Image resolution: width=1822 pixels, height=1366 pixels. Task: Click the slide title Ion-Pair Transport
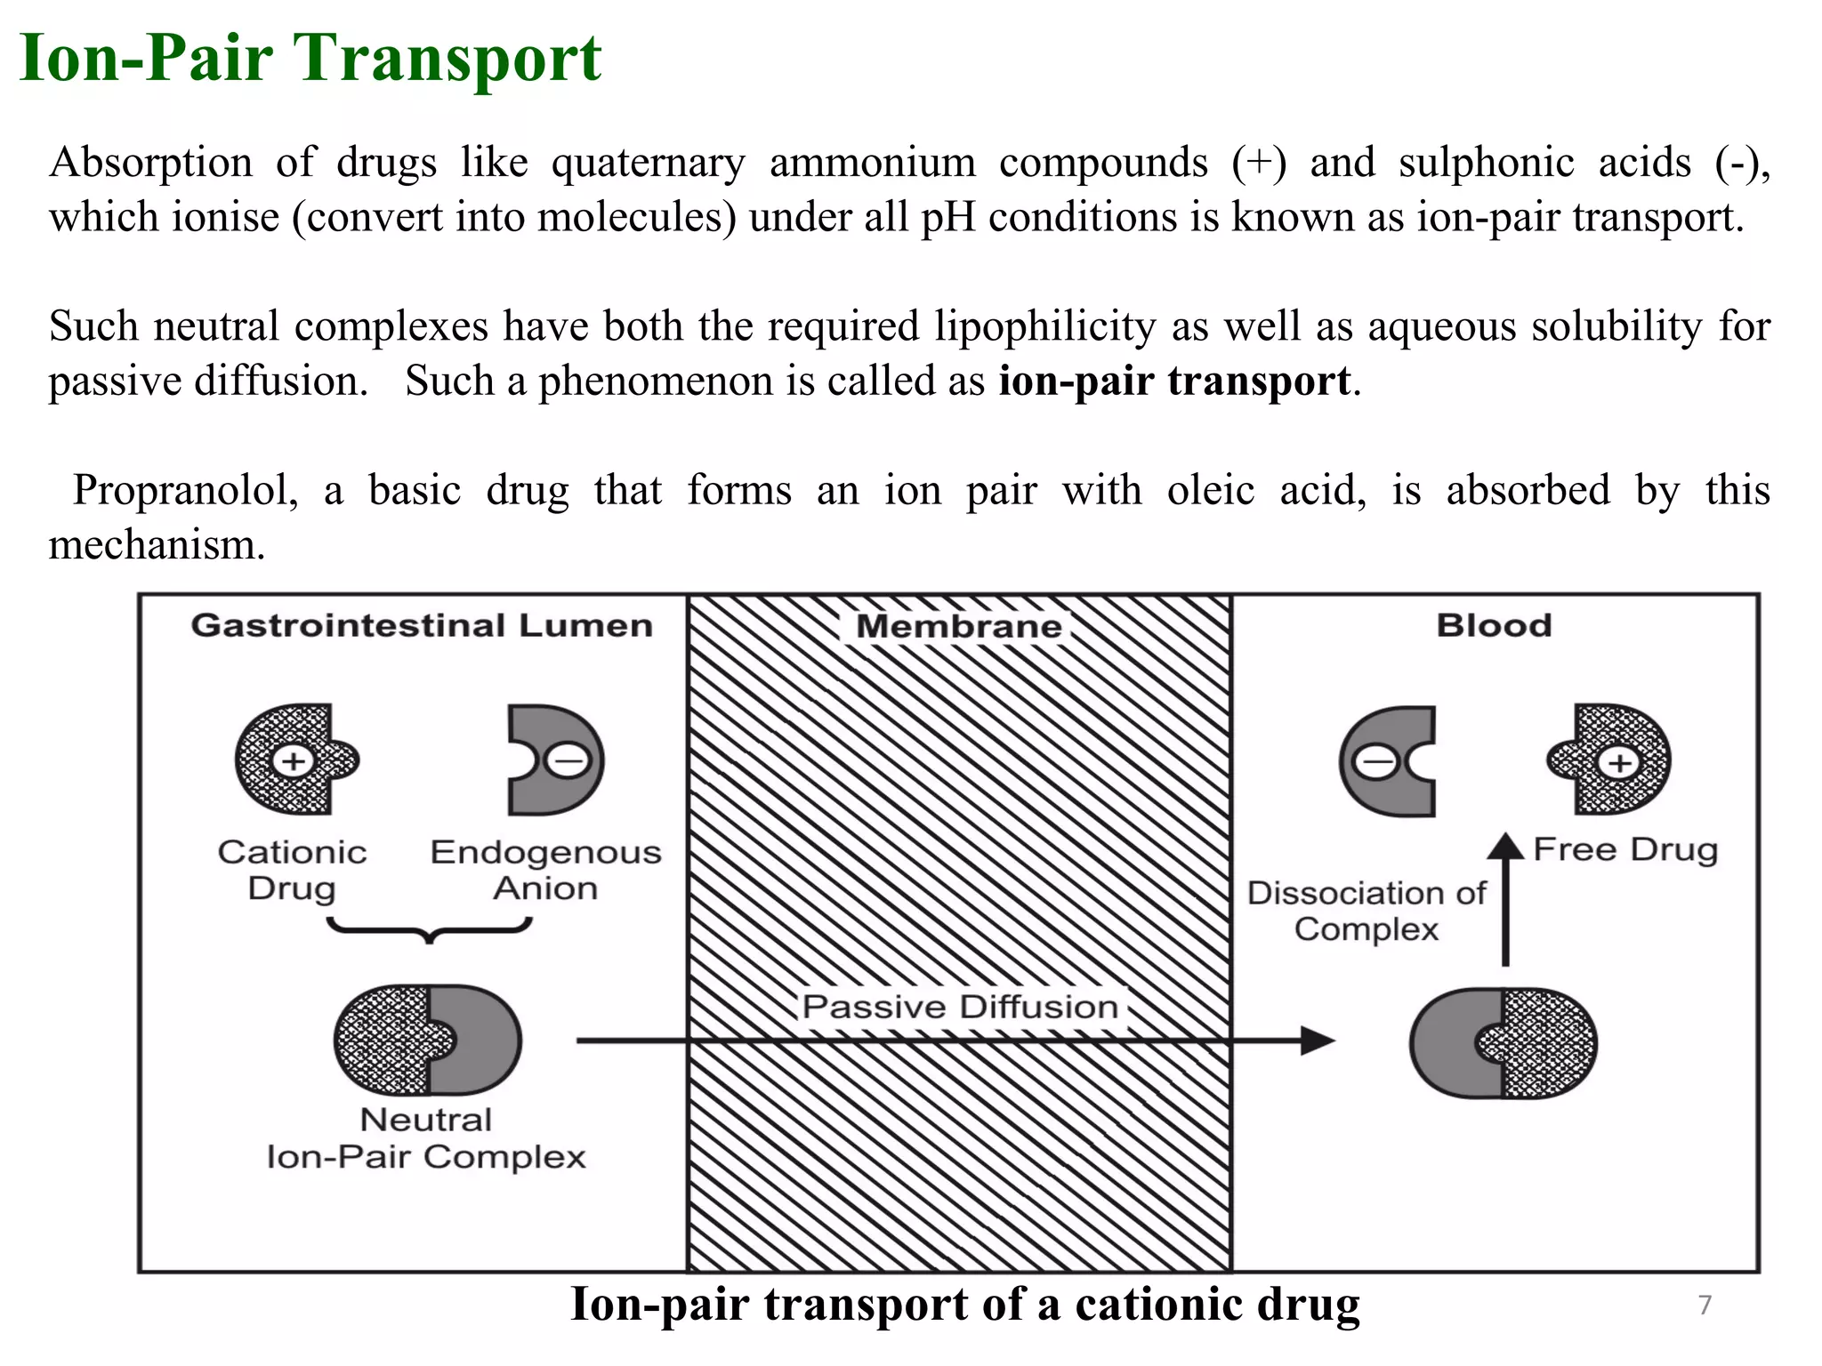310,59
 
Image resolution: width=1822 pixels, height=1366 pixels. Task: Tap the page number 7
1705,1305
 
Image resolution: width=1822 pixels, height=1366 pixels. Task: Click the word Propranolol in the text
185,490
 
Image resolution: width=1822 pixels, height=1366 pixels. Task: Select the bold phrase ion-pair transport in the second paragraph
1174,381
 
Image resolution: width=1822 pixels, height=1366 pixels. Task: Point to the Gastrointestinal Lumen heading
422,625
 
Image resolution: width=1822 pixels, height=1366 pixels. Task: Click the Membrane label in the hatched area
958,626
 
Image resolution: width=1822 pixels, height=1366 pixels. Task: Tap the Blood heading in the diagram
1494,625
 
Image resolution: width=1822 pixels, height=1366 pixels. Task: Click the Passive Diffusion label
960,1007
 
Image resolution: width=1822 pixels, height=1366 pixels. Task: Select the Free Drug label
1625,849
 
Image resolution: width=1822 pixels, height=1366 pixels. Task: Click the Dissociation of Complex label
1366,911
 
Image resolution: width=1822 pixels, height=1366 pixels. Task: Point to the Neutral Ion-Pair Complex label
426,1138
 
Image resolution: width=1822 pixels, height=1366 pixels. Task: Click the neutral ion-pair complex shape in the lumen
428,1041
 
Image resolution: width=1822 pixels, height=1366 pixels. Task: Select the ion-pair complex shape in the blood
1504,1042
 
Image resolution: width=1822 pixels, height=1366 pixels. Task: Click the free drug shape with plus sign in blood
1609,759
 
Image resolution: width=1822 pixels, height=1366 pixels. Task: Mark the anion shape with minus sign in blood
1388,761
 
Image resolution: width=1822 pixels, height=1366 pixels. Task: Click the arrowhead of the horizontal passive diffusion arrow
1318,1041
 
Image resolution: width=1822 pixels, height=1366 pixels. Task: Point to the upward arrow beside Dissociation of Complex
1505,898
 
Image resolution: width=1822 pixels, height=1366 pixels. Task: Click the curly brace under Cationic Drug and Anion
430,929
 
